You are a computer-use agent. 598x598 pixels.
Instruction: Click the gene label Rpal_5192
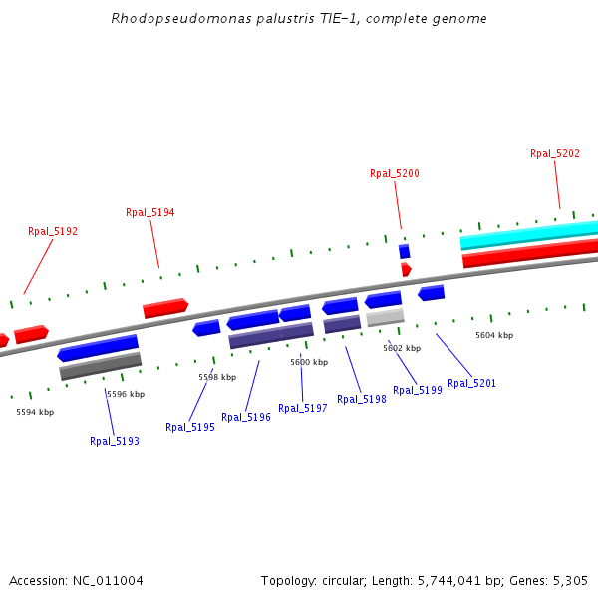(x=53, y=231)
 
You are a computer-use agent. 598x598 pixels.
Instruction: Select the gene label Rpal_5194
(x=150, y=212)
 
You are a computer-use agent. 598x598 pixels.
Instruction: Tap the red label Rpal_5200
(x=395, y=173)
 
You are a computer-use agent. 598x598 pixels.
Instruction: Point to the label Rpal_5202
(x=555, y=153)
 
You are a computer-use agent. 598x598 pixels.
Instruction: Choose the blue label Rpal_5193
(x=115, y=441)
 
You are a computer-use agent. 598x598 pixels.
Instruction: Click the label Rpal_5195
(x=190, y=427)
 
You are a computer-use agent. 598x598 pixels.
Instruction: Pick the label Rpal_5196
(x=246, y=417)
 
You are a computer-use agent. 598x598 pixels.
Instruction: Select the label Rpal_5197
(x=303, y=408)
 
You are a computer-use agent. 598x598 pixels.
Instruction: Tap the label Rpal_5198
(x=362, y=399)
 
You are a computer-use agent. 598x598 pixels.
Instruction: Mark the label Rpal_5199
(x=418, y=390)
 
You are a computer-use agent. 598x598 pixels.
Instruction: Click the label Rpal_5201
(x=472, y=383)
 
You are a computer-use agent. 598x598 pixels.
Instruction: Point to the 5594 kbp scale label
(x=35, y=412)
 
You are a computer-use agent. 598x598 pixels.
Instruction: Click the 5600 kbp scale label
(x=309, y=362)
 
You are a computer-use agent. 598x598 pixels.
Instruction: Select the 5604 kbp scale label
(x=494, y=335)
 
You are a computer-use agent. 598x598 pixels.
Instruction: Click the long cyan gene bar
(x=528, y=236)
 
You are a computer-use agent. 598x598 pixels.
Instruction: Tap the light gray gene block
(x=385, y=317)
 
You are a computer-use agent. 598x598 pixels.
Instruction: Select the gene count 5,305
(x=570, y=580)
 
